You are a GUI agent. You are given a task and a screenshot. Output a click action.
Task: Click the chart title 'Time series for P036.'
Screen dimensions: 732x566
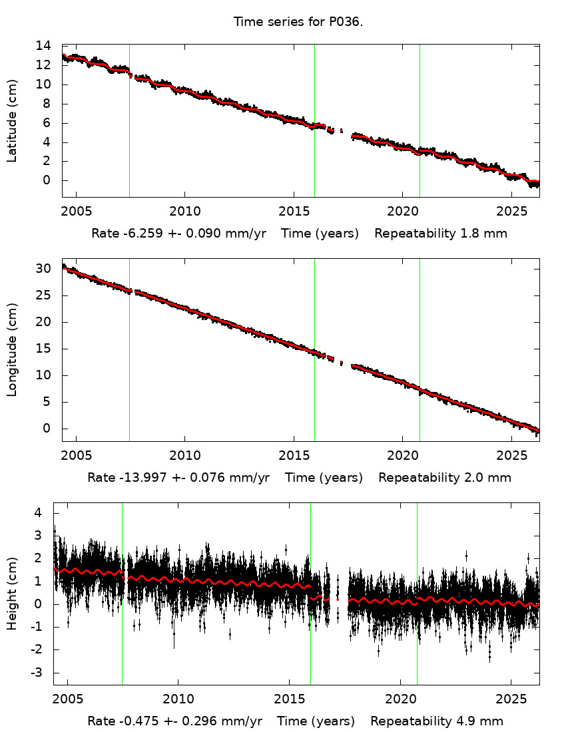pos(298,21)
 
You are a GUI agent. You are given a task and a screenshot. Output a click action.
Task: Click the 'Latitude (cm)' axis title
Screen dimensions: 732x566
pos(12,120)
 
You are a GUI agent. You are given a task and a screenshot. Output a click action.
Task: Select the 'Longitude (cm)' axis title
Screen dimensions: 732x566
pos(12,350)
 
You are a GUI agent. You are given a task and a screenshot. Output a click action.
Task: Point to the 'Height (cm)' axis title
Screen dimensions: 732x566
pos(12,594)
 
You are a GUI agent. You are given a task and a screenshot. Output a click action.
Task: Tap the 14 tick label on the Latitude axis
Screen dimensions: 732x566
pos(43,46)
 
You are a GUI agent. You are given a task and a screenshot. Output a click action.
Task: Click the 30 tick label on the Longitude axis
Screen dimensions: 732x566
pos(43,269)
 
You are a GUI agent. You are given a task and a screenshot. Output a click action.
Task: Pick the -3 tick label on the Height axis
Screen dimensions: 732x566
pos(38,673)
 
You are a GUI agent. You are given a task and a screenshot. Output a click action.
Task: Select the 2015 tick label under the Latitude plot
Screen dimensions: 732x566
pos(294,212)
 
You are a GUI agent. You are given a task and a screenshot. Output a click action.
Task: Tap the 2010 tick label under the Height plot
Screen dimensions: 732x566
pos(178,699)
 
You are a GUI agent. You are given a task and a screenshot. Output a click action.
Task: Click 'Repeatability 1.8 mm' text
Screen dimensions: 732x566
pos(441,234)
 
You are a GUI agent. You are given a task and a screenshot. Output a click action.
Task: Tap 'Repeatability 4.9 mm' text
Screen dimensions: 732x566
pos(437,721)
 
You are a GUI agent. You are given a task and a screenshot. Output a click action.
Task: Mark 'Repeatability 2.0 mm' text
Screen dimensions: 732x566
pos(445,478)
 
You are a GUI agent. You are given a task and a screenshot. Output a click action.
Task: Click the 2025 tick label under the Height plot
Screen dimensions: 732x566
pos(511,699)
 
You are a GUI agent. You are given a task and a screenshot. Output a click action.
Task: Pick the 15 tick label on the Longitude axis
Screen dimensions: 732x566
pos(43,349)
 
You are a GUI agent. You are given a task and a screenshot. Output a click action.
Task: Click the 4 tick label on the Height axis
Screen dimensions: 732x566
pos(39,513)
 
